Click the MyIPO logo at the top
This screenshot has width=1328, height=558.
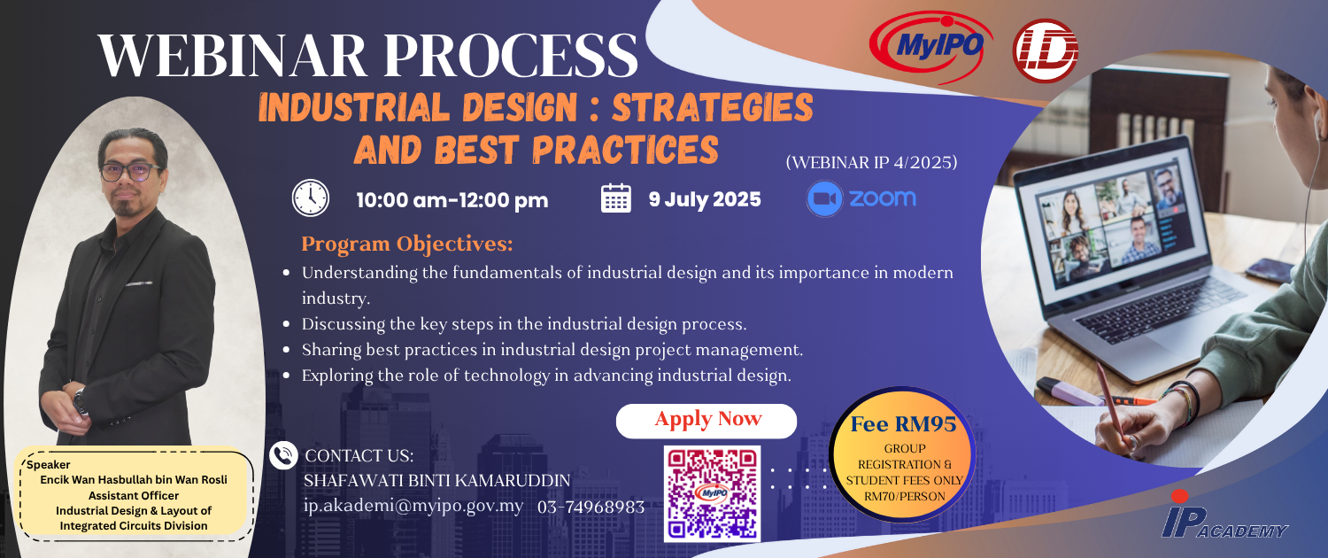pyautogui.click(x=930, y=45)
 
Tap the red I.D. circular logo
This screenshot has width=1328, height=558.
pyautogui.click(x=1046, y=50)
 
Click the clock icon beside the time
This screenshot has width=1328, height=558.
pyautogui.click(x=311, y=198)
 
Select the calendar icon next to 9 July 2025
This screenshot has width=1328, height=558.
pyautogui.click(x=616, y=198)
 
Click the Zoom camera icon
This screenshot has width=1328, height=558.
pyautogui.click(x=824, y=198)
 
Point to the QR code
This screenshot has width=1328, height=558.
pyautogui.click(x=712, y=494)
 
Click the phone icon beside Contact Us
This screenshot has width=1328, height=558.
pyautogui.click(x=283, y=455)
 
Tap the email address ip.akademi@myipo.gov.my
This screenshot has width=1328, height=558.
pyautogui.click(x=413, y=507)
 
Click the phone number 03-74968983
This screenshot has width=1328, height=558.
pyautogui.click(x=591, y=507)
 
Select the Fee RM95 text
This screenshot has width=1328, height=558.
pyautogui.click(x=904, y=424)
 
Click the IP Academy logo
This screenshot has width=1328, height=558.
pyautogui.click(x=1224, y=515)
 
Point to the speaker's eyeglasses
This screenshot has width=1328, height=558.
pyautogui.click(x=130, y=172)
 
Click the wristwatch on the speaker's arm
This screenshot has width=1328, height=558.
pyautogui.click(x=81, y=401)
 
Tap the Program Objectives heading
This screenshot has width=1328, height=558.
pyautogui.click(x=407, y=244)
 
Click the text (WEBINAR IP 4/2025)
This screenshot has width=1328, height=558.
pyautogui.click(x=871, y=162)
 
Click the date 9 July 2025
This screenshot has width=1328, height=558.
pyautogui.click(x=705, y=199)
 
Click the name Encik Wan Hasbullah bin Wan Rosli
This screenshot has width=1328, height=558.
pyautogui.click(x=134, y=480)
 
